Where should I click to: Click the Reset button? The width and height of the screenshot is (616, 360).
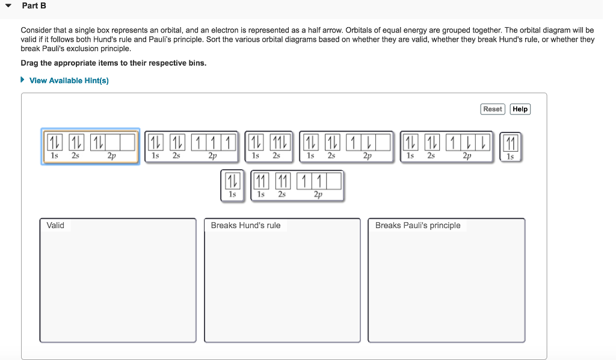point(492,109)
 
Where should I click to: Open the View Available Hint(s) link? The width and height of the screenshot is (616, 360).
point(69,81)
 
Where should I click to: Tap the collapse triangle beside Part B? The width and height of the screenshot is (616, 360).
point(8,6)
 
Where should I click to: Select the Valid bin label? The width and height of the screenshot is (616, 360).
point(55,225)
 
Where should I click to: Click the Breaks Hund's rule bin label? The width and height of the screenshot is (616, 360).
point(245,225)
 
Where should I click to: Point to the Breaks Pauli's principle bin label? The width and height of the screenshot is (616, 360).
point(417,225)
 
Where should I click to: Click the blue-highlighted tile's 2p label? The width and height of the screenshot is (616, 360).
point(112,155)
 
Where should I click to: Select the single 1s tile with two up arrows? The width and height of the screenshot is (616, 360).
point(510,143)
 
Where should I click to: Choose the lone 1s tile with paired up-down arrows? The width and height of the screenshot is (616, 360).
point(232,181)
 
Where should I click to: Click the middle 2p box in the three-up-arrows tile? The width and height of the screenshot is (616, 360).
point(213,142)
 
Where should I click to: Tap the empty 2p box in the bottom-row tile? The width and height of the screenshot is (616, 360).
point(334,181)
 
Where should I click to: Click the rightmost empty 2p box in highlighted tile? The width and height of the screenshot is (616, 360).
point(127,142)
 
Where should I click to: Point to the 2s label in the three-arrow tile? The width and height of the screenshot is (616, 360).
point(276,155)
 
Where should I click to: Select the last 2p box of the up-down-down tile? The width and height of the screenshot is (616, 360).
point(482,142)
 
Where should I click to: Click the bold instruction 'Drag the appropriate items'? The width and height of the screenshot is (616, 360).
point(113,63)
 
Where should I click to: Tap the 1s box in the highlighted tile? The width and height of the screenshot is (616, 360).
point(54,142)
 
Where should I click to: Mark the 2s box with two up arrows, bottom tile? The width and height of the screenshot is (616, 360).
point(282,181)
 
